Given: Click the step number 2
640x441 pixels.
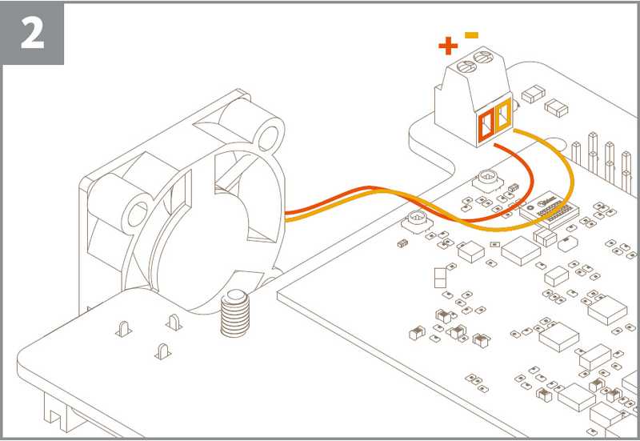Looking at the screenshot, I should click(x=32, y=34).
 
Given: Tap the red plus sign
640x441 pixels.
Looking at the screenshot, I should click(x=448, y=46).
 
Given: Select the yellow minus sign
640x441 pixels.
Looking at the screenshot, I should click(x=472, y=35).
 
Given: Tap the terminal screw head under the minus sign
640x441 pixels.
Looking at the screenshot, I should click(x=482, y=58).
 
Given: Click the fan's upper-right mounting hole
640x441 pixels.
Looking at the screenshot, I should click(x=270, y=132).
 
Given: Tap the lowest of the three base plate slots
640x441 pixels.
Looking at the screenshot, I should click(x=161, y=350).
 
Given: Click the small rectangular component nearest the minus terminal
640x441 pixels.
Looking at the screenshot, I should click(x=528, y=96).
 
